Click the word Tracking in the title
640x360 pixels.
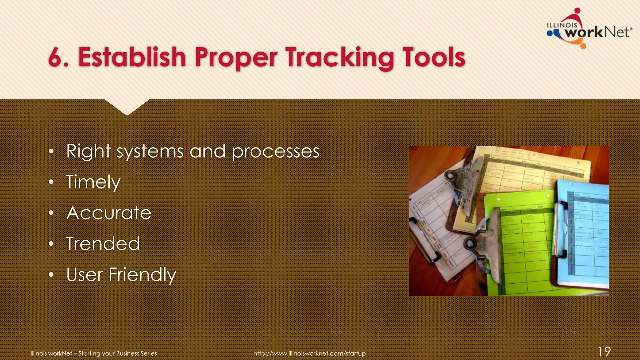pyautogui.click(x=339, y=57)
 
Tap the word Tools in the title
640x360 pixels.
pyautogui.click(x=433, y=57)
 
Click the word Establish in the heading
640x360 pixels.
pyautogui.click(x=132, y=57)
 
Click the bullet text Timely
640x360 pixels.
pyautogui.click(x=93, y=182)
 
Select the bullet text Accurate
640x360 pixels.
pyautogui.click(x=109, y=213)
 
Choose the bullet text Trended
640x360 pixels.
pyautogui.click(x=103, y=244)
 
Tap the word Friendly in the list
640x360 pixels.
pyautogui.click(x=142, y=275)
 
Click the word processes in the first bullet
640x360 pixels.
pyautogui.click(x=275, y=152)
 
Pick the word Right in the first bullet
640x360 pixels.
pyautogui.click(x=88, y=152)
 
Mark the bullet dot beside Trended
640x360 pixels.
pyautogui.click(x=52, y=244)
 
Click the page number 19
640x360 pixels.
pyautogui.click(x=604, y=352)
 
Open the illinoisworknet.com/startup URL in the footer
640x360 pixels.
pyautogui.click(x=309, y=353)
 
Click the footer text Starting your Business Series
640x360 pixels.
pyautogui.click(x=117, y=353)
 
